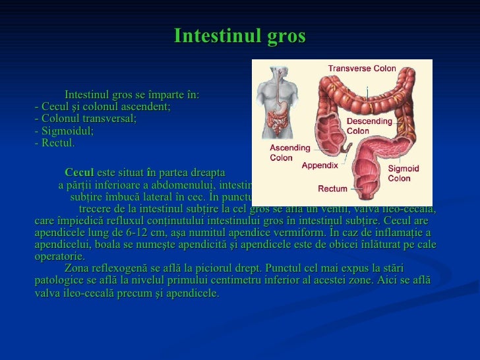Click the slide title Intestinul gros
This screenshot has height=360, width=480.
[239, 36]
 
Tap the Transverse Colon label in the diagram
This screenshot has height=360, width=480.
[362, 68]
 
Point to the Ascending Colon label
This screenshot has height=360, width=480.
[285, 152]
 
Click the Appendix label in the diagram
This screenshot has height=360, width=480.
[320, 165]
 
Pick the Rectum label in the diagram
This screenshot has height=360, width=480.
[332, 189]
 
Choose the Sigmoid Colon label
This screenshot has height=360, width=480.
[403, 173]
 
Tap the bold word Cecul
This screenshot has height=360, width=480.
[79, 172]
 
